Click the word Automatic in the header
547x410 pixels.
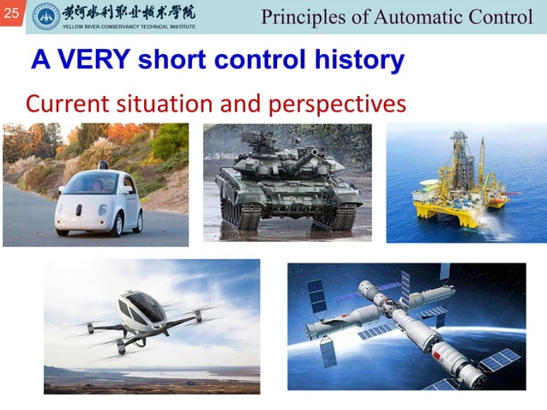[415, 16]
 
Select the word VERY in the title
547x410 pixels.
[95, 60]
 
